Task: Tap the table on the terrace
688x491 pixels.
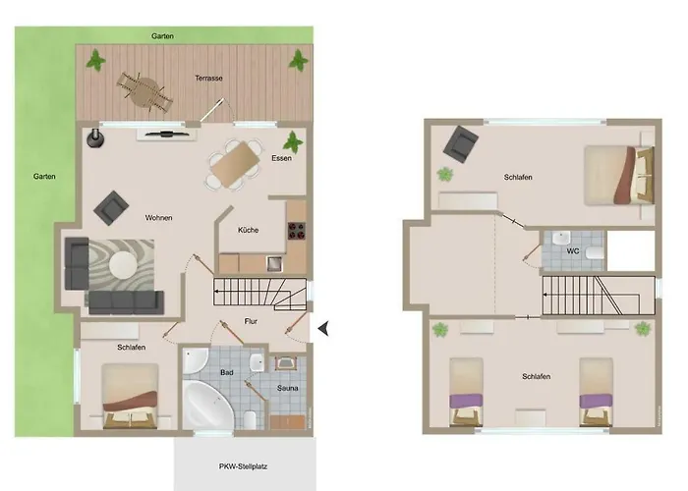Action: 143,90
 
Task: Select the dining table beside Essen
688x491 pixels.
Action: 233,164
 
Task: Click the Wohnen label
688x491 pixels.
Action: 159,217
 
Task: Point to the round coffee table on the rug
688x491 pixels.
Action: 123,264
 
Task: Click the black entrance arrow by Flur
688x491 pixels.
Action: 323,332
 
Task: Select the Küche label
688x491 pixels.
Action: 248,230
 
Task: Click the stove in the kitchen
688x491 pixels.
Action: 296,234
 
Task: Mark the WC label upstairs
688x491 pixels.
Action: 573,251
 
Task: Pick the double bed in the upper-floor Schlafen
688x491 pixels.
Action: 618,173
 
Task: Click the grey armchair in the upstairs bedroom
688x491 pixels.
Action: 457,146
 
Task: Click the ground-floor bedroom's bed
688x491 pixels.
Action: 131,396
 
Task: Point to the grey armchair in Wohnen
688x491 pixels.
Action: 110,207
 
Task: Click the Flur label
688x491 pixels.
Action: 251,321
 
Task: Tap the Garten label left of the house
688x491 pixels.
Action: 43,177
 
